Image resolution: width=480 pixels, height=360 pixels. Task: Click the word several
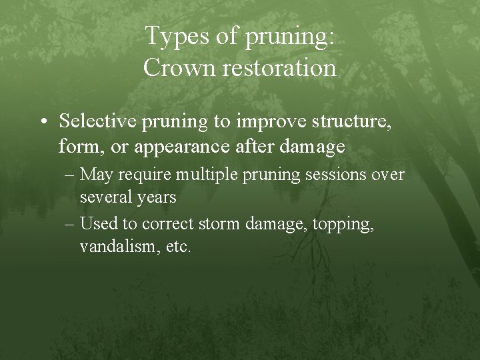[104, 197]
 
